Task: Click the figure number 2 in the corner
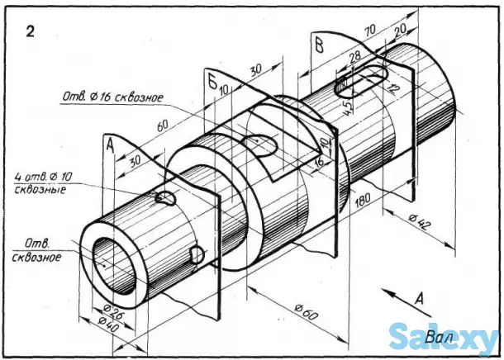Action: (x=30, y=32)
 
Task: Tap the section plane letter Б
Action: (x=212, y=81)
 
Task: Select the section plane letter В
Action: (x=317, y=43)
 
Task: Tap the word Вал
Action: (x=440, y=337)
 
